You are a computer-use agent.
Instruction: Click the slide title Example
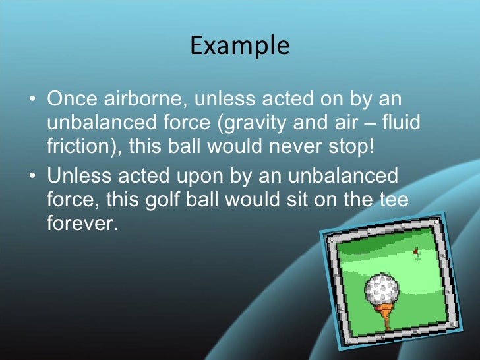tap(239, 46)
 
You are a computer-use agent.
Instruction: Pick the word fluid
tap(402, 123)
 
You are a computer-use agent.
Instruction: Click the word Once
tap(73, 101)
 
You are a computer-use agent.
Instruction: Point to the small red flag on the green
tap(416, 251)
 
